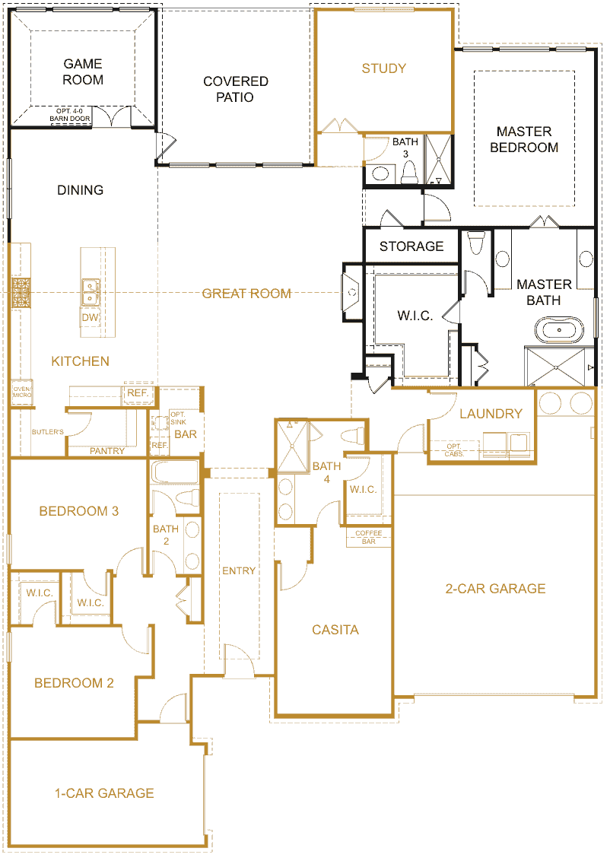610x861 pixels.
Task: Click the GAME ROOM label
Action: pyautogui.click(x=83, y=72)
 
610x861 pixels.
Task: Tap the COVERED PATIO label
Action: pyautogui.click(x=236, y=89)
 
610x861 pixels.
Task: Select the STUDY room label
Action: pyautogui.click(x=384, y=68)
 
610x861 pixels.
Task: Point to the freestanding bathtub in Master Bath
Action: pyautogui.click(x=559, y=330)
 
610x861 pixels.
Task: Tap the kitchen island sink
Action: pyautogui.click(x=91, y=292)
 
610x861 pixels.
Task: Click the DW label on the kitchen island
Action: pyautogui.click(x=90, y=317)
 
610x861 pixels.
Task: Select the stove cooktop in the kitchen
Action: pyautogui.click(x=21, y=293)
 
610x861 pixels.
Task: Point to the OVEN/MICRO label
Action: pyautogui.click(x=22, y=392)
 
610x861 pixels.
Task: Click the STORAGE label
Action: pyautogui.click(x=411, y=246)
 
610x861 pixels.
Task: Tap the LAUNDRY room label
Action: pyautogui.click(x=491, y=414)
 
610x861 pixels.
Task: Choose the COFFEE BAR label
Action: pyautogui.click(x=368, y=537)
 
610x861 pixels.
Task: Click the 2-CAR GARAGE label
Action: pyautogui.click(x=495, y=589)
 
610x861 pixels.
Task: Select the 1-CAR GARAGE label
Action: pyautogui.click(x=104, y=793)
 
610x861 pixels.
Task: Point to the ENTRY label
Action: pyautogui.click(x=239, y=571)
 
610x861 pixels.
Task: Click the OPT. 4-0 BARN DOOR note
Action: pyautogui.click(x=70, y=115)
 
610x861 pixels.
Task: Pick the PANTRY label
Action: pyautogui.click(x=107, y=451)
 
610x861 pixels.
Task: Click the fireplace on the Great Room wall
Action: pyautogui.click(x=352, y=293)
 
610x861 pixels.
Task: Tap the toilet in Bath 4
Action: pyautogui.click(x=352, y=436)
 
